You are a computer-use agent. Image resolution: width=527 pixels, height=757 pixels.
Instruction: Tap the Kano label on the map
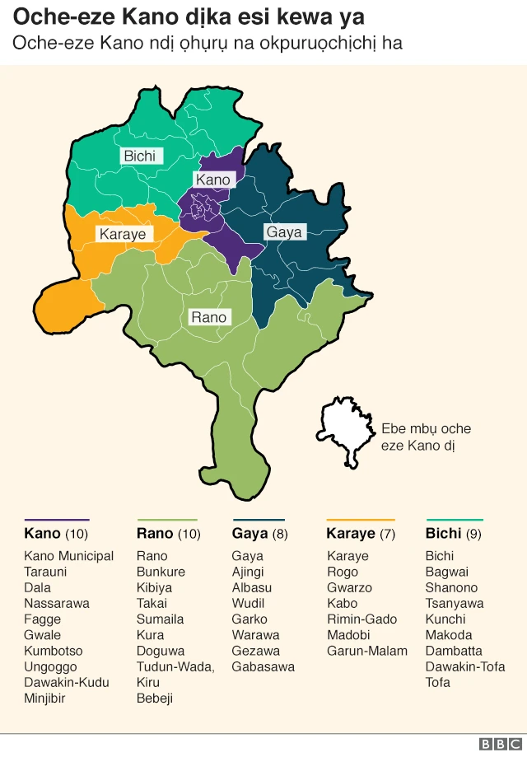(x=212, y=180)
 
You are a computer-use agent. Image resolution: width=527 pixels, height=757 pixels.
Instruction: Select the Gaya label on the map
(x=283, y=232)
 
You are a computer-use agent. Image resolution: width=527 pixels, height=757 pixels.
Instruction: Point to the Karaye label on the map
(x=122, y=234)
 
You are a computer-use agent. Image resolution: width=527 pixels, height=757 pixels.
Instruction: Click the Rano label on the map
(x=208, y=317)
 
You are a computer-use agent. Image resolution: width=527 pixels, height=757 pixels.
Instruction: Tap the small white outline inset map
(x=345, y=429)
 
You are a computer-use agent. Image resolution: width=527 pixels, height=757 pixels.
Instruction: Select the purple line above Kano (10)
(x=56, y=520)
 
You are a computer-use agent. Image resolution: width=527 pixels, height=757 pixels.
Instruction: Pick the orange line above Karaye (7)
(x=360, y=520)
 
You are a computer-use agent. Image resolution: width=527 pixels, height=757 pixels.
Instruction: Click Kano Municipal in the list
(x=69, y=556)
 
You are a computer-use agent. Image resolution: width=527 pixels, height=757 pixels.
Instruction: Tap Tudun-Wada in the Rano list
(x=175, y=666)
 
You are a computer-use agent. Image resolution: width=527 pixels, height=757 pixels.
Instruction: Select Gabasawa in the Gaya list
(x=263, y=666)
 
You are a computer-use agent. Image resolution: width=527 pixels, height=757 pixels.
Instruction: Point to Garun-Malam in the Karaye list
(x=366, y=651)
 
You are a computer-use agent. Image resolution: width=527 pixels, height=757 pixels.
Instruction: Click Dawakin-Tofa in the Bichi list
(x=464, y=666)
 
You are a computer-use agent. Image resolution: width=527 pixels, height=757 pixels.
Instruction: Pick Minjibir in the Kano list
(x=45, y=699)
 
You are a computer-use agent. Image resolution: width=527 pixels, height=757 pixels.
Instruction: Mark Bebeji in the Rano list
(x=155, y=699)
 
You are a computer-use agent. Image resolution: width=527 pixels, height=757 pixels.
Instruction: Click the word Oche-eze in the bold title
(x=53, y=16)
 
